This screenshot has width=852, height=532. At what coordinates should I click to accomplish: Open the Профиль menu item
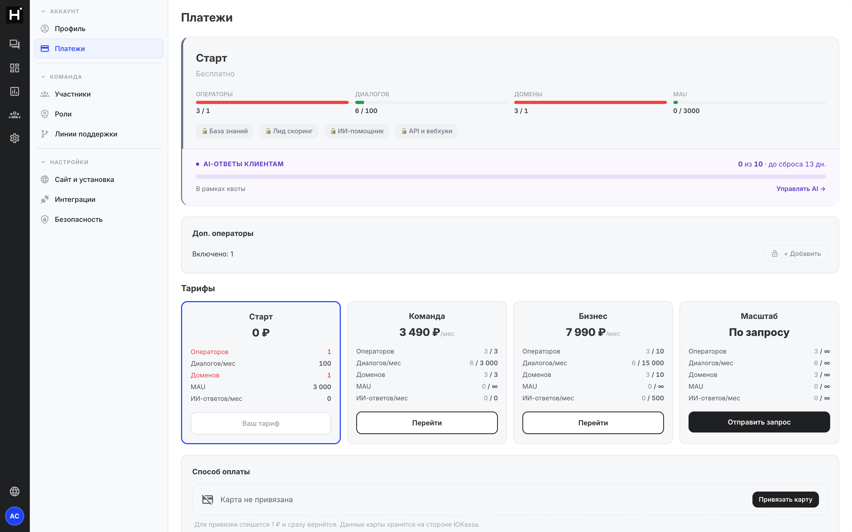click(x=70, y=28)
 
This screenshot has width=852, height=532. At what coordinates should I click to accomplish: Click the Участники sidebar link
click(x=72, y=94)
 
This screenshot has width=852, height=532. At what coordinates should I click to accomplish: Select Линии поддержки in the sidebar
click(x=86, y=134)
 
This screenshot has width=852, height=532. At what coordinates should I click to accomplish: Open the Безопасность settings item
click(x=79, y=219)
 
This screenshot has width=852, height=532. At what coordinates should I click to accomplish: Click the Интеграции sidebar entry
click(x=75, y=199)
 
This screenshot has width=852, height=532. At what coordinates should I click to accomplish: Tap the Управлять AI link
click(x=801, y=189)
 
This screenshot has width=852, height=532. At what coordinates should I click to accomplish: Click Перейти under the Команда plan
click(x=427, y=423)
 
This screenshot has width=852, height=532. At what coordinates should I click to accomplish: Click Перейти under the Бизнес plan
click(x=593, y=423)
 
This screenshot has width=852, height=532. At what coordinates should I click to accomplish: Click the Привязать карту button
click(x=785, y=499)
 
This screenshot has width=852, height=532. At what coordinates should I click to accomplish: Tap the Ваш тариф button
click(x=261, y=423)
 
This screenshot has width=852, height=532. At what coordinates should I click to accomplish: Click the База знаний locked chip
click(x=225, y=131)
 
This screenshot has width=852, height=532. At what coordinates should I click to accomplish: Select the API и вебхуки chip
click(x=426, y=131)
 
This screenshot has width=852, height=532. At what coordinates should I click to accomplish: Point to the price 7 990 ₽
click(x=586, y=332)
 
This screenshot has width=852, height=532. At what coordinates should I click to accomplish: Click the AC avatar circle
click(x=14, y=516)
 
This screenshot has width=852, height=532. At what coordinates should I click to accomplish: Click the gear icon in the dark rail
click(x=14, y=138)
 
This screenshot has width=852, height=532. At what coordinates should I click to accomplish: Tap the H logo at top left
click(x=14, y=14)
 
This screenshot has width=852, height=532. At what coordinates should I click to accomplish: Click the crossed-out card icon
click(x=208, y=500)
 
